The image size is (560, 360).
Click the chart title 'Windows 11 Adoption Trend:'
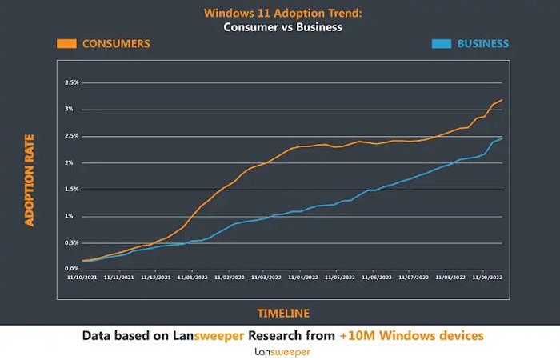click(279, 13)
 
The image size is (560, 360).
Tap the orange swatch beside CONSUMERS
click(67, 43)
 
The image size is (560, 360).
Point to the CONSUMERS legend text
click(116, 43)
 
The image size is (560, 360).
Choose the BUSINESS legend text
click(482, 43)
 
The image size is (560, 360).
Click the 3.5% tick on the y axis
click(70, 82)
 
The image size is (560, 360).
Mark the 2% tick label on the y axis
click(72, 162)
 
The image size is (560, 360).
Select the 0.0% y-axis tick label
click(70, 269)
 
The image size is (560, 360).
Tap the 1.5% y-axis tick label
click(70, 189)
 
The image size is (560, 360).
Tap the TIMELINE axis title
click(282, 313)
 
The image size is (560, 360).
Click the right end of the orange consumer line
click(502, 100)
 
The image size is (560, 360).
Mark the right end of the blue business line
click(502, 138)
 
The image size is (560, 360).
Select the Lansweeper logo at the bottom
click(282, 351)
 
